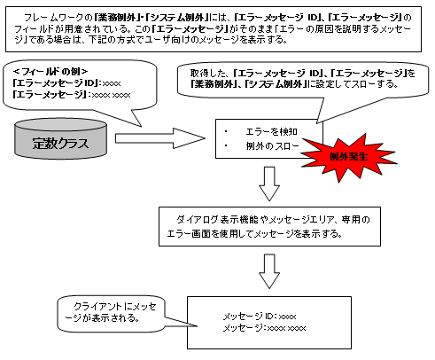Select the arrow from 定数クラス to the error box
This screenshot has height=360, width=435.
(x=159, y=138)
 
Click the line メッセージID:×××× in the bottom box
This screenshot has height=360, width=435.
(x=259, y=316)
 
